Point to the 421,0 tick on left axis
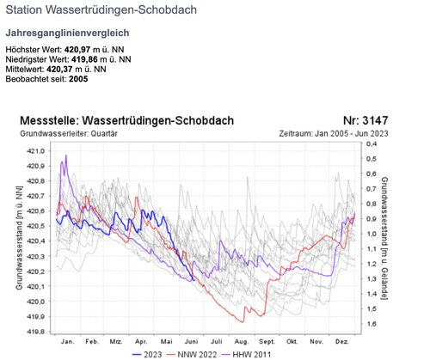(38, 151)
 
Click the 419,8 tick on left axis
(38, 331)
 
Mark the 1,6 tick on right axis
(371, 324)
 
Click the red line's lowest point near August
(244, 322)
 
